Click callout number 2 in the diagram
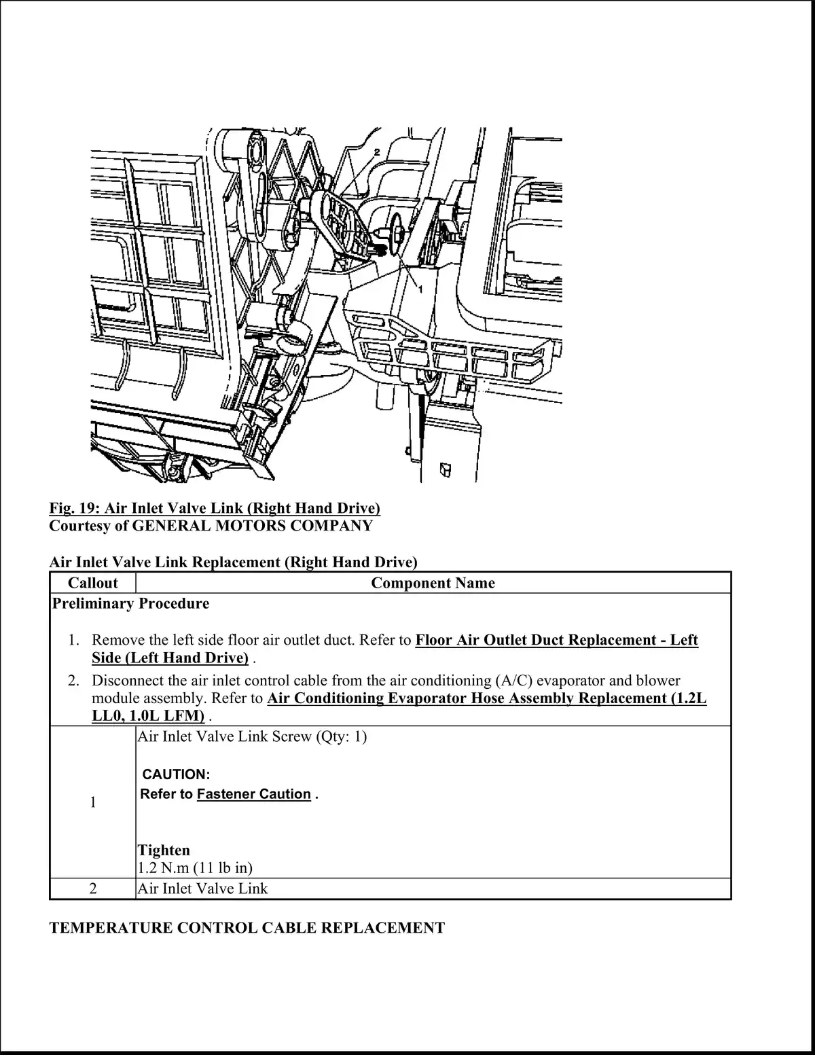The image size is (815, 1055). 376,151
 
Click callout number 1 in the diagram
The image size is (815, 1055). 420,289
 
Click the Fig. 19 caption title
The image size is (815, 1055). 215,508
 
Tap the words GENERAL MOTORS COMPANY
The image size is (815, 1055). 252,526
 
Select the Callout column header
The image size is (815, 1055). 93,583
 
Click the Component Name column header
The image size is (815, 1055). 433,583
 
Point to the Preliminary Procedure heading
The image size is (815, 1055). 130,603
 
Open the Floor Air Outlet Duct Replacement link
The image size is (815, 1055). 556,640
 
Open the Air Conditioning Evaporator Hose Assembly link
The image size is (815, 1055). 486,698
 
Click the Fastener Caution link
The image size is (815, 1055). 253,794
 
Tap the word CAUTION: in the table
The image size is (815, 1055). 176,774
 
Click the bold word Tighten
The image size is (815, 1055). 164,850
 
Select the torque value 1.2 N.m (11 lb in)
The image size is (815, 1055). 195,868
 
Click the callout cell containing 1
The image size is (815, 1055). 93,802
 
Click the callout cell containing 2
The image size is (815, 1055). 93,889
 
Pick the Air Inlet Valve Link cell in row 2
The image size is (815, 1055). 202,889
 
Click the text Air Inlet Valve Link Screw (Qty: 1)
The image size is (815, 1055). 252,736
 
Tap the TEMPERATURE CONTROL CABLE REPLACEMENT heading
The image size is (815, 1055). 247,928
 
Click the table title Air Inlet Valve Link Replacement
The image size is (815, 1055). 233,562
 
